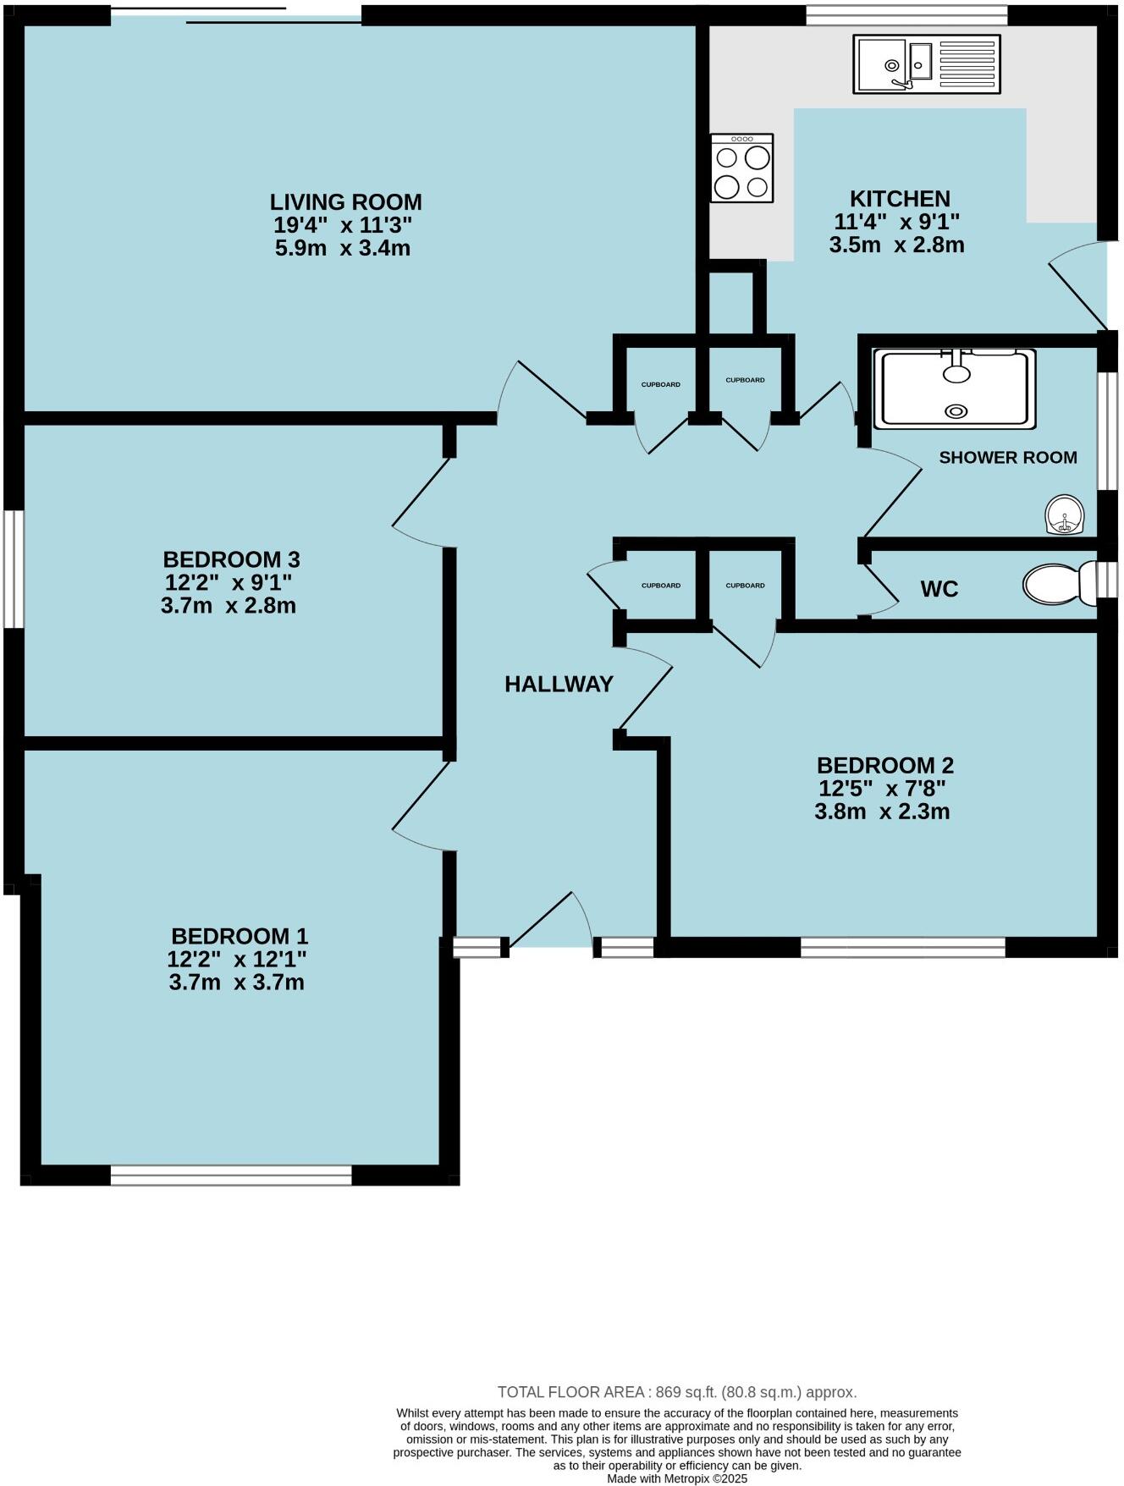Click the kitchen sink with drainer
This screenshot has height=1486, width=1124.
(x=926, y=64)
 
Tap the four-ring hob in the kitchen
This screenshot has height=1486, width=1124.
(x=741, y=168)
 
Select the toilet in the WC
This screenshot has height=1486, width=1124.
(x=1058, y=585)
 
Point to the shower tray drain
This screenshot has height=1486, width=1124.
(x=956, y=411)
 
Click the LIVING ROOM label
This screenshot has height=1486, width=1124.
(x=345, y=202)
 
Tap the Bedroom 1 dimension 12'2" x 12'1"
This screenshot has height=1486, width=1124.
(x=237, y=960)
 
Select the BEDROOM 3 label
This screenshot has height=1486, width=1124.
(x=231, y=559)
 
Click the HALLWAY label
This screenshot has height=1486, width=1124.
(x=559, y=685)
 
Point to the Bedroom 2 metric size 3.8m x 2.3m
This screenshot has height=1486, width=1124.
(x=882, y=812)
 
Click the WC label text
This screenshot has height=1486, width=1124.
(x=939, y=590)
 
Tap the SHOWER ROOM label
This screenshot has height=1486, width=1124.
(x=1007, y=458)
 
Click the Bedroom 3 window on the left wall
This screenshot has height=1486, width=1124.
(x=14, y=569)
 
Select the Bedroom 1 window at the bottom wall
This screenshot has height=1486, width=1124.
(x=230, y=1175)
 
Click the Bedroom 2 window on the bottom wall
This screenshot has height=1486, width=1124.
(x=902, y=947)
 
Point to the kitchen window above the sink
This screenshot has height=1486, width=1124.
(x=906, y=14)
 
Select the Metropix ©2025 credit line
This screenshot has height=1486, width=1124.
(x=677, y=1479)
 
